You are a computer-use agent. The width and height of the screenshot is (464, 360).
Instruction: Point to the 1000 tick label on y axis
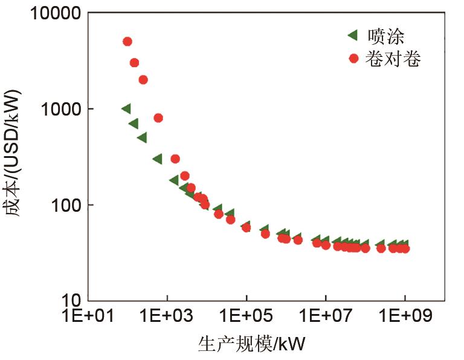coord(62,109)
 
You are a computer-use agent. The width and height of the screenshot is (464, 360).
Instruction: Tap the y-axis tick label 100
coord(68,205)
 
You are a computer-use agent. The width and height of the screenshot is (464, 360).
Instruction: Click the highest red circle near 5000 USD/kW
coord(127,42)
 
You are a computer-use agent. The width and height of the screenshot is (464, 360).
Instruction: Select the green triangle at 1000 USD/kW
coord(126,108)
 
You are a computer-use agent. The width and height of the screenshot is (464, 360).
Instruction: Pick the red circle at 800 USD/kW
coord(158,118)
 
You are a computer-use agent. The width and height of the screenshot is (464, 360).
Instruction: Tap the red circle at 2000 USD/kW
coord(143,80)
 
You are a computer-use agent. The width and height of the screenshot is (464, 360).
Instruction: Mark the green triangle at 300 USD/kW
coord(157,159)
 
